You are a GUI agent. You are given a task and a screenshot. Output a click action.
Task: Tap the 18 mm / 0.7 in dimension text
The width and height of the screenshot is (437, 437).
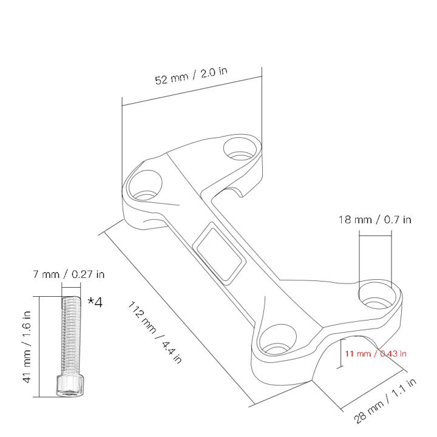click(x=374, y=219)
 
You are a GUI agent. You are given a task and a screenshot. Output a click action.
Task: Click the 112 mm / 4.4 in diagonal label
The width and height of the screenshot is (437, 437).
click(x=155, y=331)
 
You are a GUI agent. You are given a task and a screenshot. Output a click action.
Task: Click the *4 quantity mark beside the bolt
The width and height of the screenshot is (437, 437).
click(x=95, y=302)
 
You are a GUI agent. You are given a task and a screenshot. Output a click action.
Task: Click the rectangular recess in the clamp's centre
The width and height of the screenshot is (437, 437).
click(x=220, y=251)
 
